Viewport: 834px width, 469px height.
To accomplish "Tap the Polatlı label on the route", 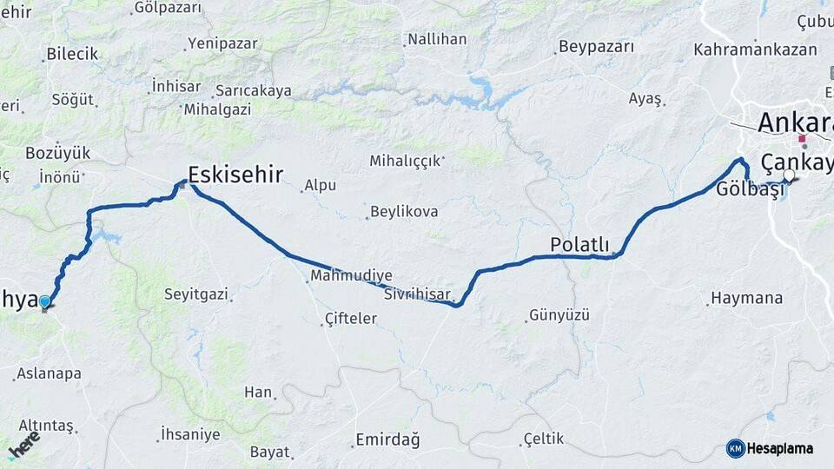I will (580, 245).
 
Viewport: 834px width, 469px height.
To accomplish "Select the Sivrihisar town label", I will (417, 294).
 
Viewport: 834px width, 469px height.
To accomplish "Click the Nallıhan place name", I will (437, 39).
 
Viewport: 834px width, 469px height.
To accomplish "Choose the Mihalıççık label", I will (407, 161).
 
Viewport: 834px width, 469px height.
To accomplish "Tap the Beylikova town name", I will (404, 211).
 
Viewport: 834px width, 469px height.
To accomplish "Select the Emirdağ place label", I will (387, 439).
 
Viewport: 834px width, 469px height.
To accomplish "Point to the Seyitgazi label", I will (196, 294).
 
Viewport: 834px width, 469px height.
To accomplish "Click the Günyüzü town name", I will (559, 314).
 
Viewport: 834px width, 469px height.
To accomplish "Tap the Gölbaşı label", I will (745, 190).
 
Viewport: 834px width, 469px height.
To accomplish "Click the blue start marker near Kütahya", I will (45, 302).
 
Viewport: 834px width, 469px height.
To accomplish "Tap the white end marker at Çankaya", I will (788, 176).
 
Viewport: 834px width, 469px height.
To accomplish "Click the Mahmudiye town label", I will (351, 274).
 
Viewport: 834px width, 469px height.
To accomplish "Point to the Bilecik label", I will (72, 54).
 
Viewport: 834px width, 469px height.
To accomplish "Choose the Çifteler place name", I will (350, 319).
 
